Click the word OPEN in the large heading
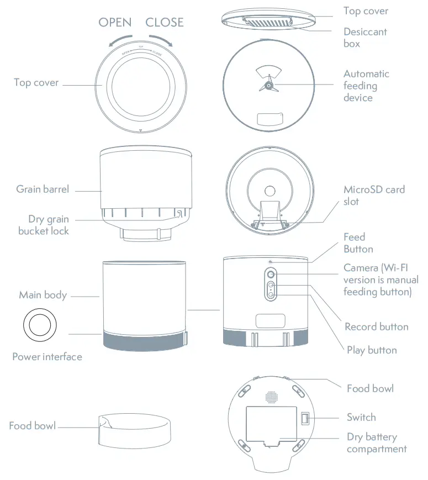pyautogui.click(x=115, y=23)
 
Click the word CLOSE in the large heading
pyautogui.click(x=164, y=23)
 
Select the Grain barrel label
pyautogui.click(x=43, y=189)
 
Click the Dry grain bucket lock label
pyautogui.click(x=44, y=225)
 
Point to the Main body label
pyautogui.click(x=43, y=295)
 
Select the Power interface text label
pyautogui.click(x=47, y=357)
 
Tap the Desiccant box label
pyautogui.click(x=364, y=38)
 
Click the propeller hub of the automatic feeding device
pyautogui.click(x=268, y=86)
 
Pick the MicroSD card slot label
pyautogui.click(x=373, y=196)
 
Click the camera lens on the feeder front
pyautogui.click(x=271, y=275)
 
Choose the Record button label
pyautogui.click(x=376, y=326)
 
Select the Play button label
pyautogui.click(x=371, y=350)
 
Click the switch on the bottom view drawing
pyautogui.click(x=304, y=419)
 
